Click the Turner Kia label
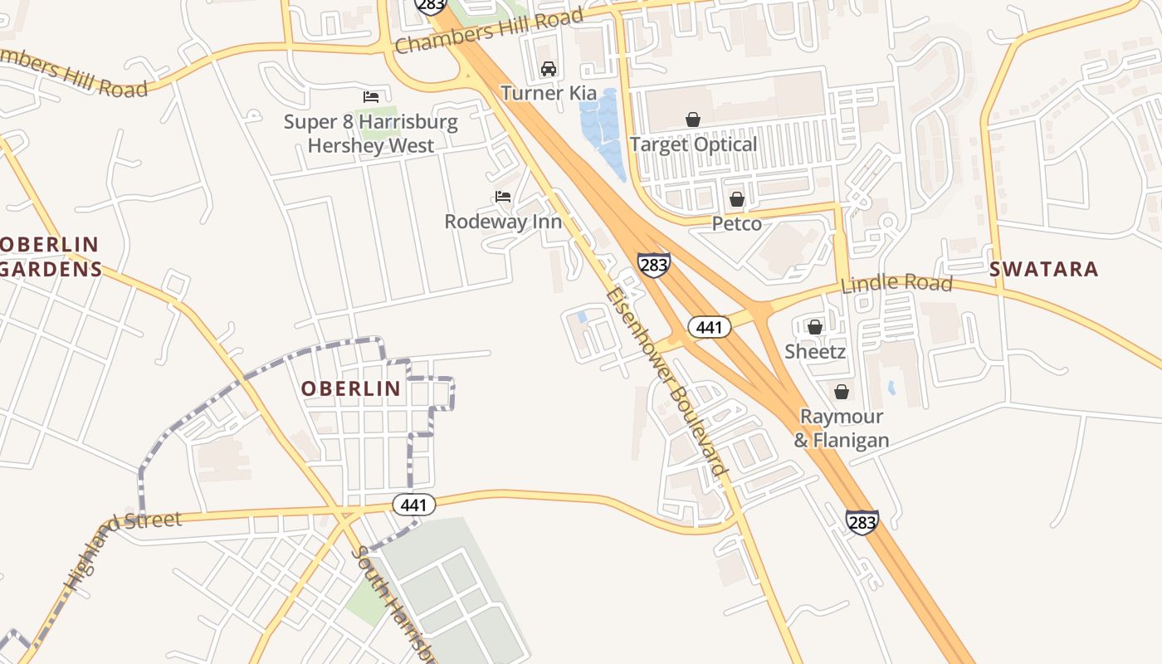pyautogui.click(x=548, y=93)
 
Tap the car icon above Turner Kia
pyautogui.click(x=548, y=68)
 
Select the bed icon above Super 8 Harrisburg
pyautogui.click(x=371, y=97)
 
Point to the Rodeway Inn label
pyautogui.click(x=503, y=222)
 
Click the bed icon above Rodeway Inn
pyautogui.click(x=502, y=197)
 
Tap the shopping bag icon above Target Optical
pyautogui.click(x=693, y=120)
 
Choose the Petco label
pyautogui.click(x=737, y=224)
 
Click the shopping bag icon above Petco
pyautogui.click(x=736, y=199)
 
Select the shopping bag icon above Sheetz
pyautogui.click(x=815, y=327)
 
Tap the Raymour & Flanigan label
pyautogui.click(x=842, y=428)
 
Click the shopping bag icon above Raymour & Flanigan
pyautogui.click(x=842, y=392)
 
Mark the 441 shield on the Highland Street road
pyautogui.click(x=413, y=505)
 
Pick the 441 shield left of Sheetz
pyautogui.click(x=709, y=327)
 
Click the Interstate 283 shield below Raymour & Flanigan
pyautogui.click(x=862, y=522)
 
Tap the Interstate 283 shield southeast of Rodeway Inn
pyautogui.click(x=654, y=265)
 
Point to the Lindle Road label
pyautogui.click(x=896, y=283)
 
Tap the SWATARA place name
pyautogui.click(x=1043, y=269)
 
